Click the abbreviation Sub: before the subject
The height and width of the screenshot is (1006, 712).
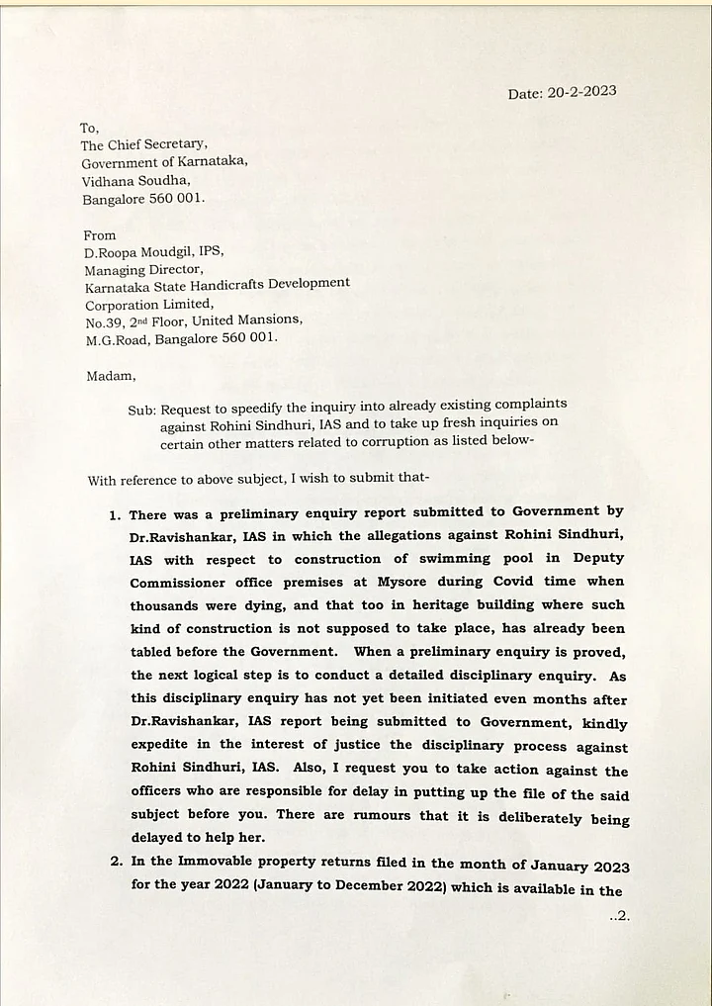coord(141,409)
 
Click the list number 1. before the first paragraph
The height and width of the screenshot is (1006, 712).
coord(116,515)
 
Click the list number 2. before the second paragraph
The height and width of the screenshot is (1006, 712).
coord(116,862)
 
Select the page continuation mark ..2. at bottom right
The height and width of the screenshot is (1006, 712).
coord(619,916)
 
